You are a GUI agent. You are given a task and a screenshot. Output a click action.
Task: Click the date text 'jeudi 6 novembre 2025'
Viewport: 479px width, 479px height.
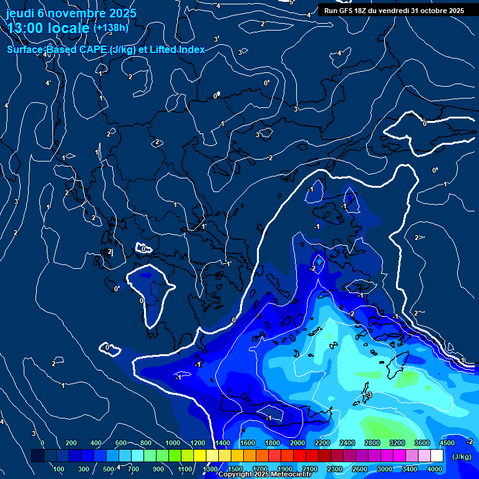tap(72, 13)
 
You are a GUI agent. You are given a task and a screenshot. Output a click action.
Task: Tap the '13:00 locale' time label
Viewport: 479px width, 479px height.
tap(48, 28)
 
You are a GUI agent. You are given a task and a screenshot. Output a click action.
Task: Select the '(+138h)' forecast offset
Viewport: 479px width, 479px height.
tap(110, 28)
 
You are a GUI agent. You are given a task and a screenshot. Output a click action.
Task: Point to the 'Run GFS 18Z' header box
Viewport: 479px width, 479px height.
tap(394, 11)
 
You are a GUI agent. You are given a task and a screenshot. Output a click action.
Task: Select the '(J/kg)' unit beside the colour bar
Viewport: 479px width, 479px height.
tap(462, 457)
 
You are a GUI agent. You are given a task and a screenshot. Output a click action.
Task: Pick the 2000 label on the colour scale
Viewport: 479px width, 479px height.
tap(298, 443)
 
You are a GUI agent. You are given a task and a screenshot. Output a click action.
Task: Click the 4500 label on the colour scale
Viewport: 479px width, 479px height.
tap(447, 443)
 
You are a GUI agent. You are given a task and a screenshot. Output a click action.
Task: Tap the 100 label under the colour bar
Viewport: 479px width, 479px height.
tap(60, 468)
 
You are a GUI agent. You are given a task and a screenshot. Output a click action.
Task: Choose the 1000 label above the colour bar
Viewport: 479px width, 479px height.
tap(173, 443)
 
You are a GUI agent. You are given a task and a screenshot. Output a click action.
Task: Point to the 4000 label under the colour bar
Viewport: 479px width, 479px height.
tap(435, 468)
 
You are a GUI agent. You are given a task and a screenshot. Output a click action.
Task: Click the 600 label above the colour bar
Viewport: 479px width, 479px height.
tap(122, 443)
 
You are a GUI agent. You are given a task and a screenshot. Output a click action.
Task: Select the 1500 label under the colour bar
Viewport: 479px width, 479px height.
tap(235, 468)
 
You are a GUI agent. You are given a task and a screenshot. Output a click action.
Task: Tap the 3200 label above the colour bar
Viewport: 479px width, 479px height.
tap(397, 443)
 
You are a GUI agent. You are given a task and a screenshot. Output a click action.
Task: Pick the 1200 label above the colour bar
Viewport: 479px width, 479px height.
tap(198, 443)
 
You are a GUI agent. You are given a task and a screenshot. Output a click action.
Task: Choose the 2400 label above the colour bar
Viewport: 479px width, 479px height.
tap(347, 443)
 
